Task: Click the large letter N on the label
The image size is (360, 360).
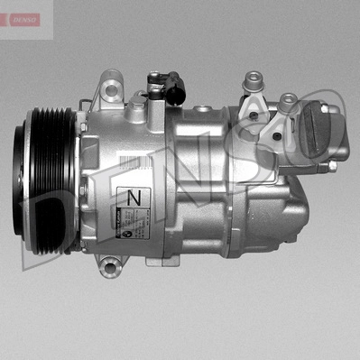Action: [x=134, y=196]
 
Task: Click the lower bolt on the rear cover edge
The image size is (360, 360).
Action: [x=332, y=166]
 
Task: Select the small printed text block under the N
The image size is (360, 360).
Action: [x=136, y=220]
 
